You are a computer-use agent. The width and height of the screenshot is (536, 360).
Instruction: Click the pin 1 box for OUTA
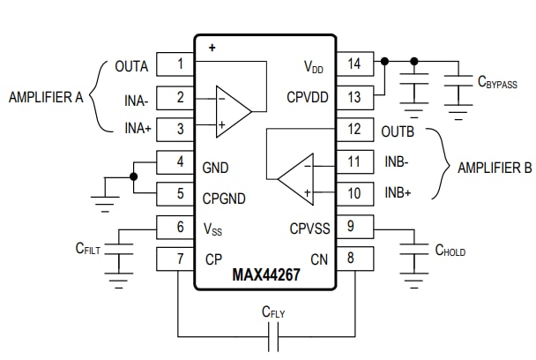pyautogui.click(x=179, y=64)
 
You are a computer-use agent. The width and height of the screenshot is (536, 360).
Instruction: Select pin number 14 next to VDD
pyautogui.click(x=354, y=64)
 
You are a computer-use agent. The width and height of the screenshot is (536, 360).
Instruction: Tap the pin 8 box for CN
pyautogui.click(x=354, y=259)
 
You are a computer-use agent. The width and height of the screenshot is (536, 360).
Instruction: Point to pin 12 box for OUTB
pyautogui.click(x=354, y=130)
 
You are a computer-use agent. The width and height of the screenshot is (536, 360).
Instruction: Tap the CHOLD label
pyautogui.click(x=450, y=251)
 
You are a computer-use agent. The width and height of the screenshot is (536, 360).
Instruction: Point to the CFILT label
pyautogui.click(x=87, y=250)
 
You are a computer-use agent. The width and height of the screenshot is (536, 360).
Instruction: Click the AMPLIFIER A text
pyautogui.click(x=45, y=97)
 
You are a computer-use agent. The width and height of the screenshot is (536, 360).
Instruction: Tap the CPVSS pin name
pyautogui.click(x=309, y=228)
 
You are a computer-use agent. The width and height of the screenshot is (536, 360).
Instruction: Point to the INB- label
pyautogui.click(x=398, y=162)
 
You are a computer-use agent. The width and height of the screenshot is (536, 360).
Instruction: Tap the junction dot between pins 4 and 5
pyautogui.click(x=133, y=176)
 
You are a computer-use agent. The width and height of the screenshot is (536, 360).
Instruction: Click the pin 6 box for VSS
pyautogui.click(x=179, y=227)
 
